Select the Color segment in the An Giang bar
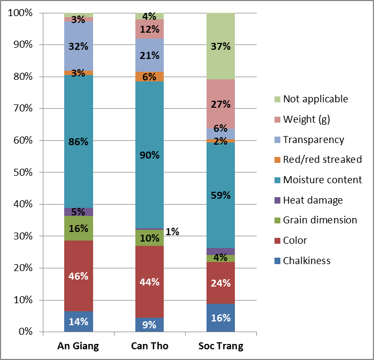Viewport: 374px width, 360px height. coord(78,276)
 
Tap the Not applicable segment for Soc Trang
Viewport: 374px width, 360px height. coord(220,46)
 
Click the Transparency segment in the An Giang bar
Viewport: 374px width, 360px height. coord(78,46)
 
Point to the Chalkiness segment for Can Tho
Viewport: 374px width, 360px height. coord(149,325)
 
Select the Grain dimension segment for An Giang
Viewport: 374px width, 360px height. coord(78,228)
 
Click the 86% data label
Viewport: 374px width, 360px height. coord(78,142)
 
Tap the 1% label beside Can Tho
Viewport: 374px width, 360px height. coord(172,231)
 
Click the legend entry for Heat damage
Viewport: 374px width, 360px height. coord(312,200)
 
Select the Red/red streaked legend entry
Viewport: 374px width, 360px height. coord(322,159)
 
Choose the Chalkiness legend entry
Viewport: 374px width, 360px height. coord(307,261)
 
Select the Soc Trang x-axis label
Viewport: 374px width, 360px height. coord(220,346)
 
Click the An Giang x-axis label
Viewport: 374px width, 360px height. coord(78,346)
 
